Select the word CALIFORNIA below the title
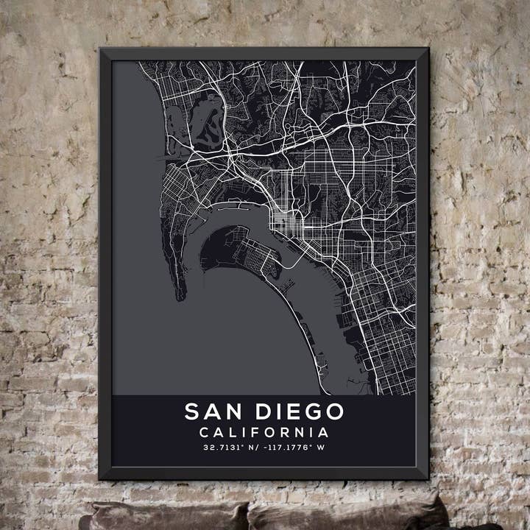tap(264, 432)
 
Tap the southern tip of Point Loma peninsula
tap(180, 296)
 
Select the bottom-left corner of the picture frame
tap(101, 478)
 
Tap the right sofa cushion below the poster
tap(346, 517)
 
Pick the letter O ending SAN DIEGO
tap(335, 411)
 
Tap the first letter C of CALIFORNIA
tap(204, 432)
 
